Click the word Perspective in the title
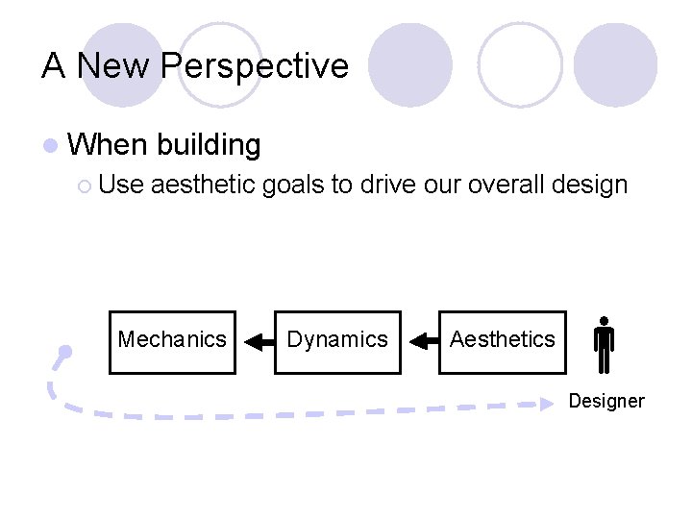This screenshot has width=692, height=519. click(x=255, y=66)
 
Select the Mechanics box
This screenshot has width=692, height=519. click(x=172, y=340)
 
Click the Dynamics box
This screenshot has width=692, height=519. click(x=337, y=340)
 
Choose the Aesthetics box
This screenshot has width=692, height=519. click(x=502, y=340)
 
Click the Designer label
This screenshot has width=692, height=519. click(x=606, y=401)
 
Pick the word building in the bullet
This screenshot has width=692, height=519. click(x=209, y=145)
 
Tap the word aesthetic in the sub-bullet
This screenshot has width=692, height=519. click(x=204, y=185)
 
